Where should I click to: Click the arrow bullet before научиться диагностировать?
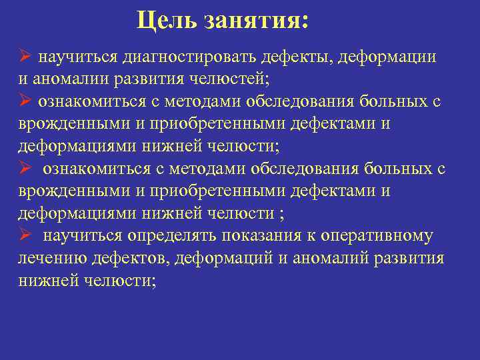25,56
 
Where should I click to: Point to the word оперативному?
377,237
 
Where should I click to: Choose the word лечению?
46,259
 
